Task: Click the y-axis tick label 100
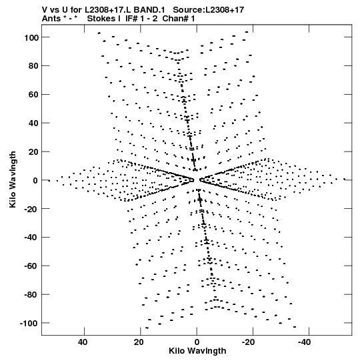(31, 37)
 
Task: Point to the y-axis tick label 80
(33, 66)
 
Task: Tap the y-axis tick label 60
(33, 95)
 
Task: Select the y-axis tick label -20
(31, 209)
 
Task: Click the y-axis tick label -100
(29, 323)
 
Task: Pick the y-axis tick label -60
(31, 266)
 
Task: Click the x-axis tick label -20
(249, 342)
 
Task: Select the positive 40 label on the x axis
(83, 342)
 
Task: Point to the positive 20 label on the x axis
(139, 342)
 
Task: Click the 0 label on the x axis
(197, 342)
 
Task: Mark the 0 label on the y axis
(35, 180)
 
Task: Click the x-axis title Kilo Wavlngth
(197, 351)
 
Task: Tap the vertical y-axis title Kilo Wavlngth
(13, 179)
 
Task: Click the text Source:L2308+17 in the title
(209, 10)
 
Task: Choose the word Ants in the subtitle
(51, 19)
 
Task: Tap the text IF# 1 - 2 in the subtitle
(141, 19)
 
